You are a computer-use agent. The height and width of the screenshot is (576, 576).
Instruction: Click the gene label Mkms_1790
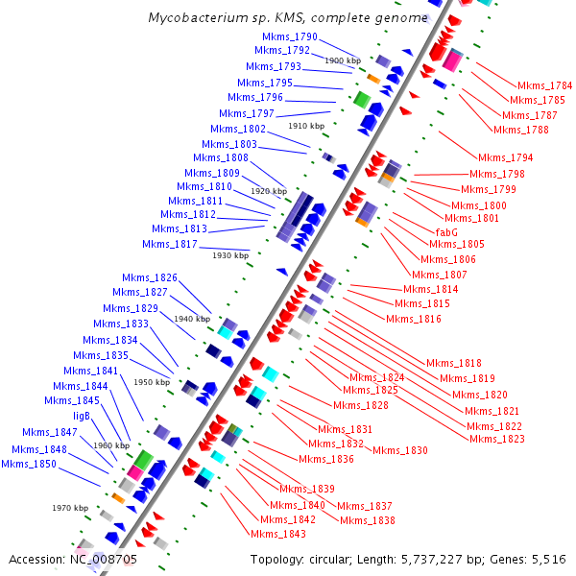291,36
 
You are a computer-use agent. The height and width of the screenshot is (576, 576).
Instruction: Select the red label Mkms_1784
544,85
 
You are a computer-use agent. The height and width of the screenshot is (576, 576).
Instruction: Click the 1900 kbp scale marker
343,60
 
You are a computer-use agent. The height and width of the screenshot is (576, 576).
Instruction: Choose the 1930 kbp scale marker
230,255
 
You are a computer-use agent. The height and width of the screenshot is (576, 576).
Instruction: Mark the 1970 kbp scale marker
70,508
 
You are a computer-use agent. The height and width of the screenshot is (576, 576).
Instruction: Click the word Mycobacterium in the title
195,18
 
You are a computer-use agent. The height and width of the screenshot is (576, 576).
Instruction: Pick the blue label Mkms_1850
30,464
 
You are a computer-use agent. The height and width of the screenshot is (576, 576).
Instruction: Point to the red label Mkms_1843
278,533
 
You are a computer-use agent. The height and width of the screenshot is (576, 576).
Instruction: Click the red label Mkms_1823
496,439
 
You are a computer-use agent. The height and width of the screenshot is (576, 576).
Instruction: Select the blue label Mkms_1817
170,244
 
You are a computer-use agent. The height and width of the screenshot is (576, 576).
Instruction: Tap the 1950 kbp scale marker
152,382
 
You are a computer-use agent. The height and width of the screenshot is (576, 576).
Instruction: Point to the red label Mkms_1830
400,450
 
